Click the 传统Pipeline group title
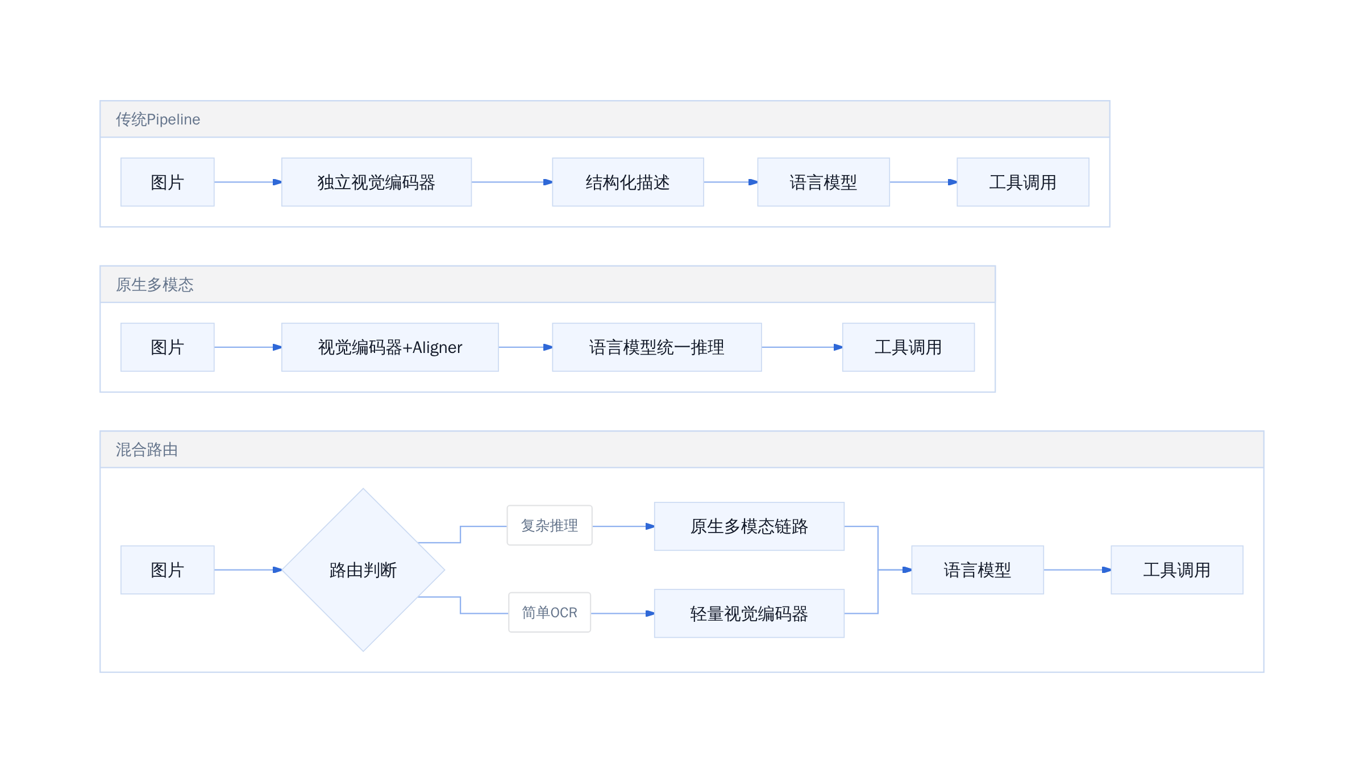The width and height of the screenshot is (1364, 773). click(x=158, y=119)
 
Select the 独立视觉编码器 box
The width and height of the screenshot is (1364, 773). click(x=376, y=182)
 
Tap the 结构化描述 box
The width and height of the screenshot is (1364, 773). click(x=627, y=182)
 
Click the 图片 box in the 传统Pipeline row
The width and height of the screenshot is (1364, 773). click(x=167, y=182)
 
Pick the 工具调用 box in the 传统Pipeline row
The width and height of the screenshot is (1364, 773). click(x=1022, y=182)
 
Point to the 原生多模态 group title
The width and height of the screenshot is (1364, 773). click(x=155, y=284)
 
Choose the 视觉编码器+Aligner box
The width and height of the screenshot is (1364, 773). click(x=390, y=347)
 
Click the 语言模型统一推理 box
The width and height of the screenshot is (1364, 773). click(x=656, y=347)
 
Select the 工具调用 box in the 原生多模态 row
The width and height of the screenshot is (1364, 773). click(x=908, y=347)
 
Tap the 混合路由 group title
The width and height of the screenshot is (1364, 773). click(x=147, y=450)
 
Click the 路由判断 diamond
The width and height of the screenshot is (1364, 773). click(x=363, y=570)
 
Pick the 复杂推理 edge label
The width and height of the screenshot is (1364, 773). click(x=550, y=525)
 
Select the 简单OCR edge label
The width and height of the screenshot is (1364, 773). click(x=550, y=612)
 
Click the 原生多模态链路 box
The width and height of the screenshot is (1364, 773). click(x=749, y=526)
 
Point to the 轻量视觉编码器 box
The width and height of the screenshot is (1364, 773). click(x=749, y=613)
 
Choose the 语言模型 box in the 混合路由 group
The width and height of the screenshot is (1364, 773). click(x=978, y=570)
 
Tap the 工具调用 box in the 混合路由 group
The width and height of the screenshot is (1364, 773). click(x=1177, y=570)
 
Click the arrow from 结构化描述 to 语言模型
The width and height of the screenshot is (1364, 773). click(x=731, y=182)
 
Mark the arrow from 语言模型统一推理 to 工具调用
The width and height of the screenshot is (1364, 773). click(x=802, y=347)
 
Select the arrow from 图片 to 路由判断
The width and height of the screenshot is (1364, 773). click(x=248, y=570)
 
